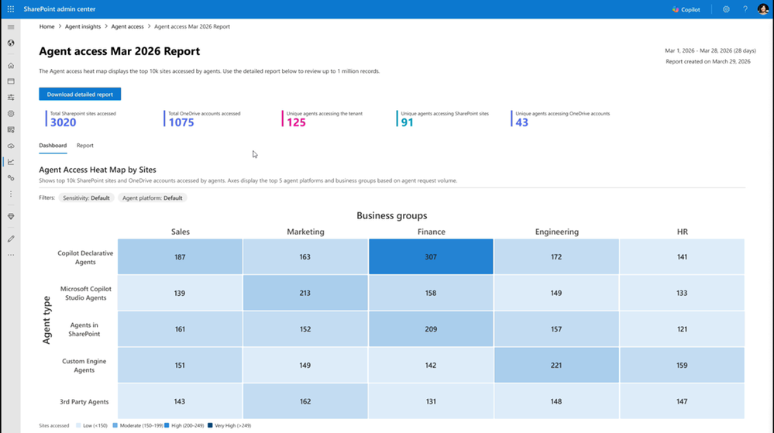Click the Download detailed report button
point(80,95)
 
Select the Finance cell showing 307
point(431,257)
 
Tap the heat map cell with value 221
point(556,366)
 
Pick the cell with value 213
point(305,293)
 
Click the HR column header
point(682,232)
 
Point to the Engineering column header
point(556,232)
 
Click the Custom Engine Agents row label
point(84,366)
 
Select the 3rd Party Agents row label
point(84,401)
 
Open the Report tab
point(84,146)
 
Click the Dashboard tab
point(53,146)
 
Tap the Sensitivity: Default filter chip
point(86,198)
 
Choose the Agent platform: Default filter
point(152,198)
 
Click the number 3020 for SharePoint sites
point(63,122)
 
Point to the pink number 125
point(296,122)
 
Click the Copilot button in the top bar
point(686,9)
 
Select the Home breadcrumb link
point(46,26)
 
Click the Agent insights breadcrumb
point(83,26)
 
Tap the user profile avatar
point(762,9)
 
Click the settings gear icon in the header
point(726,9)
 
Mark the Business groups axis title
point(391,215)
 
